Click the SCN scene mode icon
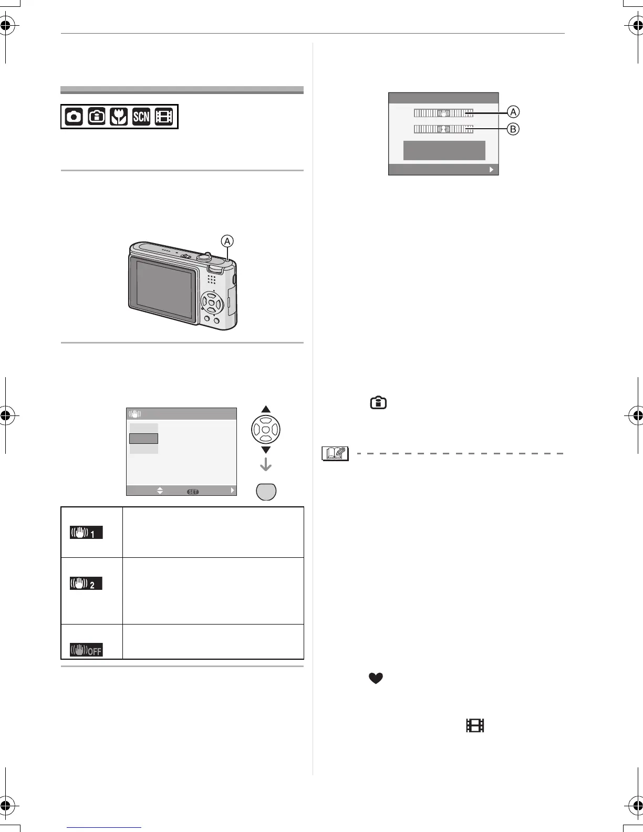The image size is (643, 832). point(141,117)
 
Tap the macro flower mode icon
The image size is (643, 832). point(119,117)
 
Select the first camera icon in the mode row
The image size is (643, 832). point(74,117)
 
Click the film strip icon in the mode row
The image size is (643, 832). point(164,117)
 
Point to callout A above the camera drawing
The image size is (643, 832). point(227,241)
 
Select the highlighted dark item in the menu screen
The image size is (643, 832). point(143,438)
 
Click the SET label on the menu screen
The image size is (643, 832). point(193,492)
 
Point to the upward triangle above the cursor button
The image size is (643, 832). point(266,410)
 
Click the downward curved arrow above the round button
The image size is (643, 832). point(266,464)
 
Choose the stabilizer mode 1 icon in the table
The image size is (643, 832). point(86,533)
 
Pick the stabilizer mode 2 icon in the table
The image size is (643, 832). point(86,584)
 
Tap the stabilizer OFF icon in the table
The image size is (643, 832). point(86,650)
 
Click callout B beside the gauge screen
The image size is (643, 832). point(513,129)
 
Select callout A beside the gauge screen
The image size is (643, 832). point(513,112)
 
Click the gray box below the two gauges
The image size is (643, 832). point(444,150)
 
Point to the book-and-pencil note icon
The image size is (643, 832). point(335,453)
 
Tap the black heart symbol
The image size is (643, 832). point(376,679)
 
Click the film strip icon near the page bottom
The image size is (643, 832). point(474,726)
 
